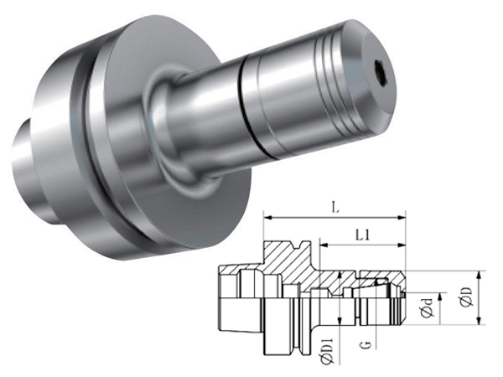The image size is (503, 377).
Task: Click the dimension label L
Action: coord(335,209)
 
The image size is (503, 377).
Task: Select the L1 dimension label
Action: coord(362,236)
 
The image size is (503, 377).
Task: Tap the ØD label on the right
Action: coord(468,297)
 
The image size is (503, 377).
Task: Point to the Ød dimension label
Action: coord(428,308)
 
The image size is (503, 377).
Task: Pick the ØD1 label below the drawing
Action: coord(328,351)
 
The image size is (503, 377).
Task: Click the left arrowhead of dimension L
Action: coord(267,218)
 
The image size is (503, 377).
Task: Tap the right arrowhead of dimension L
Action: coord(402,218)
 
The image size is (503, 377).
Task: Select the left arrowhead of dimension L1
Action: coord(324,245)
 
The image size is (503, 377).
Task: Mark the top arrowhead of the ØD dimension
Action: coord(480,275)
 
